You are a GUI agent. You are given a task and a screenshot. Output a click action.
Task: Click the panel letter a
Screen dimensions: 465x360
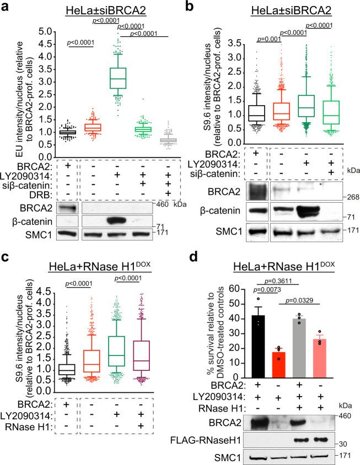click(7, 7)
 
